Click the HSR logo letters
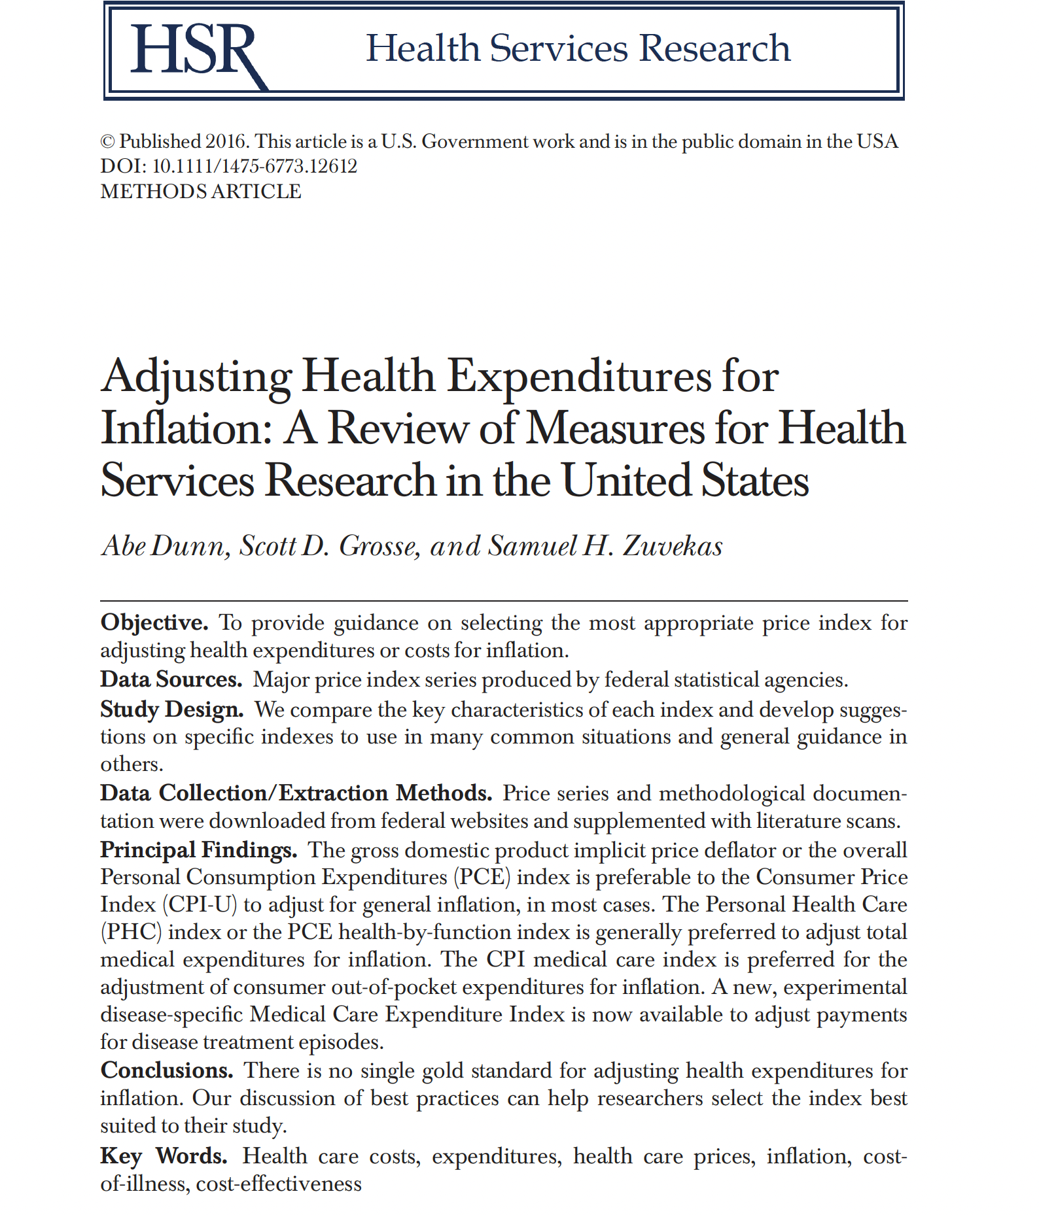[196, 51]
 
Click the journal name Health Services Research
[578, 48]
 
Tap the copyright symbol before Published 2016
[107, 142]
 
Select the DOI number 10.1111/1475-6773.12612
[255, 166]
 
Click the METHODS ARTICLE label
[201, 192]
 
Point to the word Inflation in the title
[186, 428]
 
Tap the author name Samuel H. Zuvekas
[605, 545]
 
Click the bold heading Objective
[154, 622]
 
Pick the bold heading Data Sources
[171, 679]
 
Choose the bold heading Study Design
[172, 709]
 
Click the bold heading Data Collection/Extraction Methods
[296, 793]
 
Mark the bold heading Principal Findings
[199, 849]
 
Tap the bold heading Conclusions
[167, 1070]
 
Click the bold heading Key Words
[164, 1156]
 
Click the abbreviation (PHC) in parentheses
[131, 932]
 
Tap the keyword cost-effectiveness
[279, 1184]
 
